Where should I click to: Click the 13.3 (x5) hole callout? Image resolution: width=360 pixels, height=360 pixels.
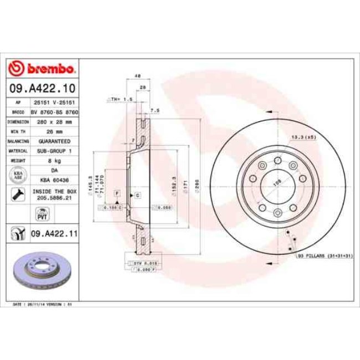click(304, 136)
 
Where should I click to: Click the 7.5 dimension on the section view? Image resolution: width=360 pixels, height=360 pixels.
click(155, 110)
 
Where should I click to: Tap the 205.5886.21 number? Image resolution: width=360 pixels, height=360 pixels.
click(54, 197)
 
